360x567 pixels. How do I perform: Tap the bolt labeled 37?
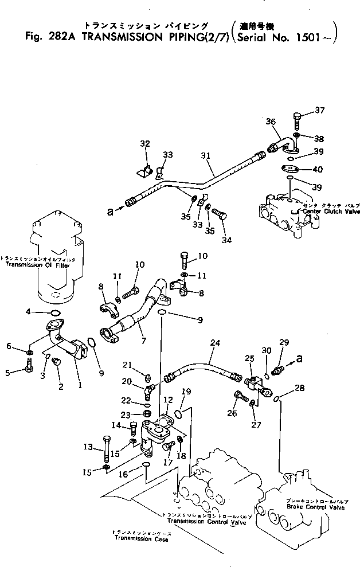(296, 122)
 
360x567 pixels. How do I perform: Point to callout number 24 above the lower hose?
(215, 344)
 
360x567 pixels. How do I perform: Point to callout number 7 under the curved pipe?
(143, 341)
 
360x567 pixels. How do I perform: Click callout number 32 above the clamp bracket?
(144, 143)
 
